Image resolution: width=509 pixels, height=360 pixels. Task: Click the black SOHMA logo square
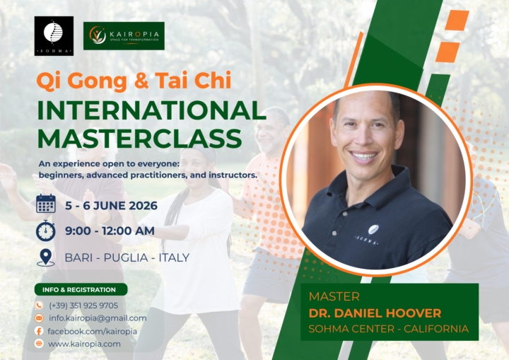click(x=54, y=36)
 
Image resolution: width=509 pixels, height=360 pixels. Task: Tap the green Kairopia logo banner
click(x=124, y=36)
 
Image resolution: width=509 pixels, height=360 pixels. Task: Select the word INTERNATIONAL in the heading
click(x=151, y=110)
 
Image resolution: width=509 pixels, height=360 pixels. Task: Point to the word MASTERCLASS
click(x=140, y=139)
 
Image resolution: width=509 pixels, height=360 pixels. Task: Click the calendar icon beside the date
click(x=46, y=204)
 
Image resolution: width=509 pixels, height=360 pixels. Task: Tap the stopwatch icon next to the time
click(x=45, y=231)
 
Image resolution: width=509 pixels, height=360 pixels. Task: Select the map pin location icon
click(x=46, y=257)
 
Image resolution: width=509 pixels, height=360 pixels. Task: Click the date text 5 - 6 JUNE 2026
click(x=112, y=206)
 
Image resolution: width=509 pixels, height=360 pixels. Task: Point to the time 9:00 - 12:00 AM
click(x=110, y=231)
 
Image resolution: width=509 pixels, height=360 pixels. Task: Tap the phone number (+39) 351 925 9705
click(x=83, y=306)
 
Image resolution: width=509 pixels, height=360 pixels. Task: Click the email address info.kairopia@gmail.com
click(x=98, y=318)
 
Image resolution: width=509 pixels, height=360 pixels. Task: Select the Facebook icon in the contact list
click(x=39, y=331)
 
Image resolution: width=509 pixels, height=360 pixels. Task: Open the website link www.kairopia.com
click(x=84, y=344)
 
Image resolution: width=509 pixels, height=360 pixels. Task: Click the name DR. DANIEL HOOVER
click(x=375, y=313)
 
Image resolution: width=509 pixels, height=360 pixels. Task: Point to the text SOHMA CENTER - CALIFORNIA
click(x=389, y=329)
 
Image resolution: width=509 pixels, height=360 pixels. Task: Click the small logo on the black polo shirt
click(x=373, y=229)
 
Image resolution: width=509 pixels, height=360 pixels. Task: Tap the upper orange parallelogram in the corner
click(x=457, y=21)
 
